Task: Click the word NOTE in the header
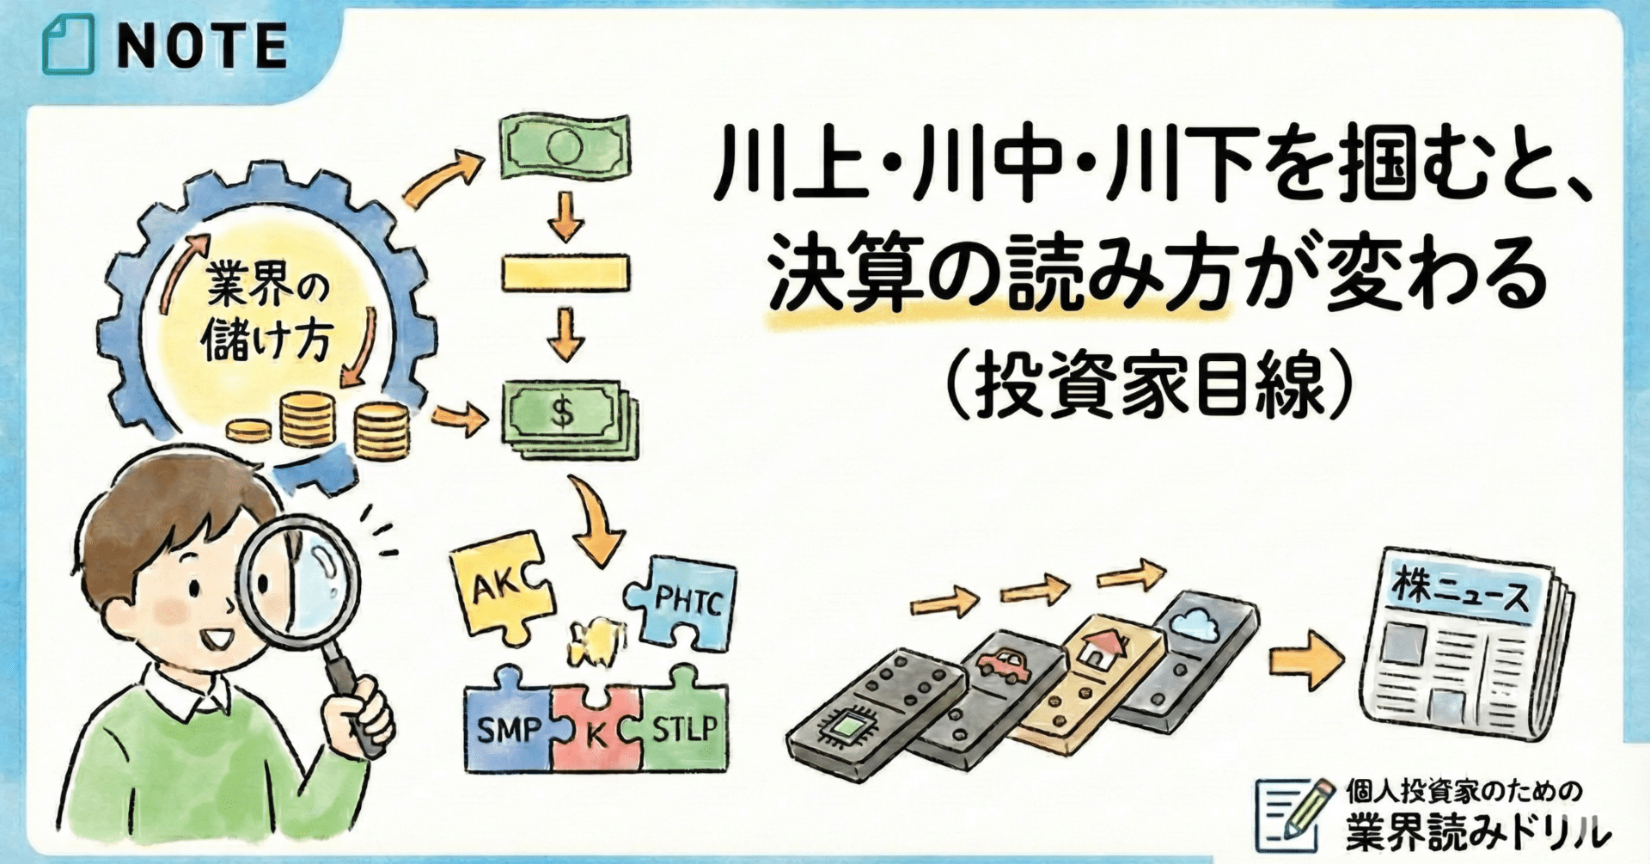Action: pyautogui.click(x=201, y=46)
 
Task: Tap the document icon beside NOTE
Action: pyautogui.click(x=68, y=46)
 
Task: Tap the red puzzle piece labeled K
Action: pyautogui.click(x=596, y=732)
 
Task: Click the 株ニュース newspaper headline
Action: pyautogui.click(x=1460, y=593)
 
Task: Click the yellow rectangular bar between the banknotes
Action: pyautogui.click(x=565, y=273)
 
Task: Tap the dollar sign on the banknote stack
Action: pyautogui.click(x=563, y=413)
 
